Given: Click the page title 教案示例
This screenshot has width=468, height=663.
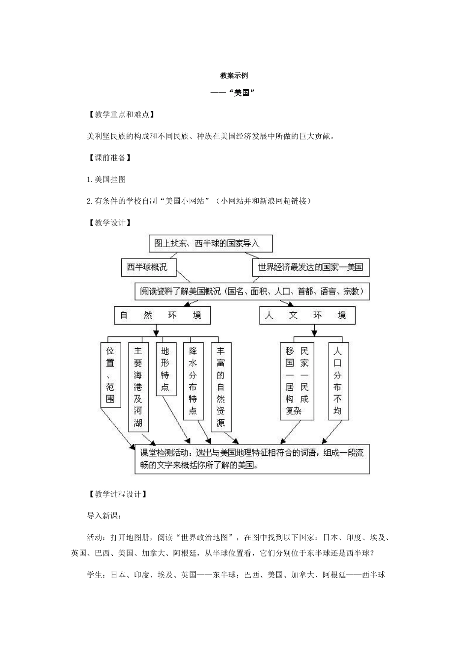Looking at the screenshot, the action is (234, 76).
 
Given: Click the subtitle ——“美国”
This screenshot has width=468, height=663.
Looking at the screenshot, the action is (234, 93).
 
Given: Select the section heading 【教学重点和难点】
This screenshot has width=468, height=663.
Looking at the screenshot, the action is (120, 114).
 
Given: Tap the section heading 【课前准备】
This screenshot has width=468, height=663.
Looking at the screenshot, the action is (109, 158).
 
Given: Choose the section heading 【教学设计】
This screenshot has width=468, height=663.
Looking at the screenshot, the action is (109, 223).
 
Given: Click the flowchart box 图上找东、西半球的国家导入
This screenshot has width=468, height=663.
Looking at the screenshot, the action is (210, 243).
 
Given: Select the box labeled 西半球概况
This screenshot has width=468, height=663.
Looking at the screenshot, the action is (148, 267).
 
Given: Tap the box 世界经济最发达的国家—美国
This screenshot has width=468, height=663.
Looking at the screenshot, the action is (310, 267).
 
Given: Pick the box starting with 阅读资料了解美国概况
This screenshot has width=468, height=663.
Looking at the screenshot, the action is (252, 291).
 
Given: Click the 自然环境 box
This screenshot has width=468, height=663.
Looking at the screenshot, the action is (162, 315).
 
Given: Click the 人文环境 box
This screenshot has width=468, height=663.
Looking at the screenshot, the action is (307, 315).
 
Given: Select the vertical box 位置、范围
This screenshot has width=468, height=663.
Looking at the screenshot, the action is (110, 375).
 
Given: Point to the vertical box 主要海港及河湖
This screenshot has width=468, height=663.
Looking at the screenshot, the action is (138, 387).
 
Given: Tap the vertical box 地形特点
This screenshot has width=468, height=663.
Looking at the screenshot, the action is (165, 369).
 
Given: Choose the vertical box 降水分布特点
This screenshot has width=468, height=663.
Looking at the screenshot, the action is (193, 381).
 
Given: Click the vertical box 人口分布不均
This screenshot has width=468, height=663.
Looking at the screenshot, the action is (337, 381).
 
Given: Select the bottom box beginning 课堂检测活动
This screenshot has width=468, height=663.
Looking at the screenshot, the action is (252, 459).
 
